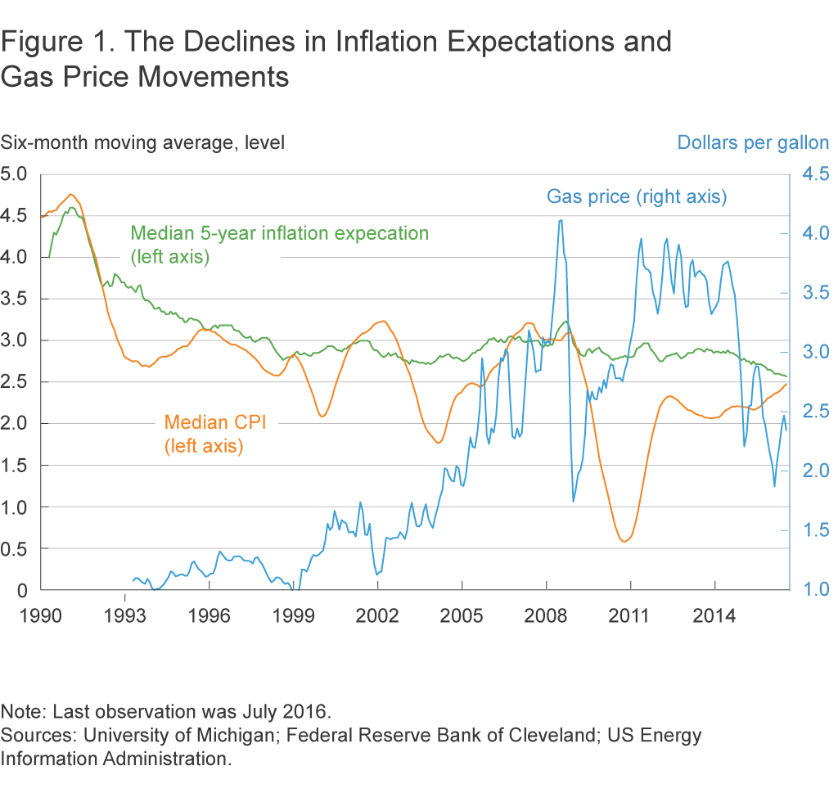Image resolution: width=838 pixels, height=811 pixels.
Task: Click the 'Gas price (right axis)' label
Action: pyautogui.click(x=637, y=196)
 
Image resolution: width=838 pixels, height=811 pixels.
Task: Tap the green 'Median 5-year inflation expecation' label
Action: pyautogui.click(x=280, y=233)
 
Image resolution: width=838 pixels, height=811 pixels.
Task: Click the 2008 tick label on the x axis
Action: pyautogui.click(x=546, y=614)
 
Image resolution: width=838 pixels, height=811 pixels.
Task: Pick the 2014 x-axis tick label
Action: pyautogui.click(x=714, y=614)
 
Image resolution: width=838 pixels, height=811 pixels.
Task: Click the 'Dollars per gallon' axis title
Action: pyautogui.click(x=752, y=142)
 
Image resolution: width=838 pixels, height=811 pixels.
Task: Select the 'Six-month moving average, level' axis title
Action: pyautogui.click(x=142, y=142)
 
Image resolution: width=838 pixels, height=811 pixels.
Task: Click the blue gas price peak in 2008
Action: pyautogui.click(x=561, y=220)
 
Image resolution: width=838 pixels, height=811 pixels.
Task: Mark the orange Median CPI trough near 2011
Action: pyautogui.click(x=624, y=541)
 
